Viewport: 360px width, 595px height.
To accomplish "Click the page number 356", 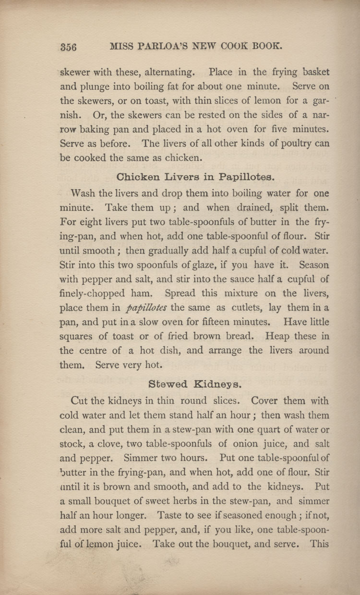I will pos(69,47).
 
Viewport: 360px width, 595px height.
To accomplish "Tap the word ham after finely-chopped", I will pos(148,293).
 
